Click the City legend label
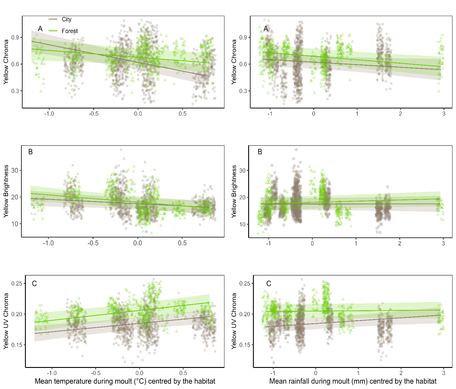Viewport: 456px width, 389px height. [66, 19]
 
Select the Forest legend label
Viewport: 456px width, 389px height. [70, 31]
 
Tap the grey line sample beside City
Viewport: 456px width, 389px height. [53, 19]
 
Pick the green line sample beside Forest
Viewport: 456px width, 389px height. [53, 31]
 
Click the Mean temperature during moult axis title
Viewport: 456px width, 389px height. [125, 381]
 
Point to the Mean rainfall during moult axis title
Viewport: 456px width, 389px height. [353, 381]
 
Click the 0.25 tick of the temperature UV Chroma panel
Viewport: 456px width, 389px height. [17, 284]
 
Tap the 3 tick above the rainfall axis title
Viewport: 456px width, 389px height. [444, 373]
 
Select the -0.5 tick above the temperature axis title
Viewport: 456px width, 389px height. [96, 373]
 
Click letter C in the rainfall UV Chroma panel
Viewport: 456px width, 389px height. [269, 284]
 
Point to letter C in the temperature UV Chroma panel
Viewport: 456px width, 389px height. [34, 284]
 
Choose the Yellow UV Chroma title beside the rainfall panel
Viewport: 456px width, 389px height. [234, 321]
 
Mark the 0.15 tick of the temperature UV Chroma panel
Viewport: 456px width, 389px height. [17, 345]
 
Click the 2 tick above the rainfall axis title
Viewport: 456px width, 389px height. [401, 373]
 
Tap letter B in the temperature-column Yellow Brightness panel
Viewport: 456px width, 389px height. [30, 152]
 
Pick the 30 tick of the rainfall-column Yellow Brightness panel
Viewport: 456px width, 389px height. [243, 171]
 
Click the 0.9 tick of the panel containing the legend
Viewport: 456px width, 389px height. [15, 37]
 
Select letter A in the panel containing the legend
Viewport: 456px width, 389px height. [40, 29]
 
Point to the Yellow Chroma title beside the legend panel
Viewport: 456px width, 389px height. [6, 62]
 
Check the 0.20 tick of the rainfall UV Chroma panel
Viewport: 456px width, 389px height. [245, 314]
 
